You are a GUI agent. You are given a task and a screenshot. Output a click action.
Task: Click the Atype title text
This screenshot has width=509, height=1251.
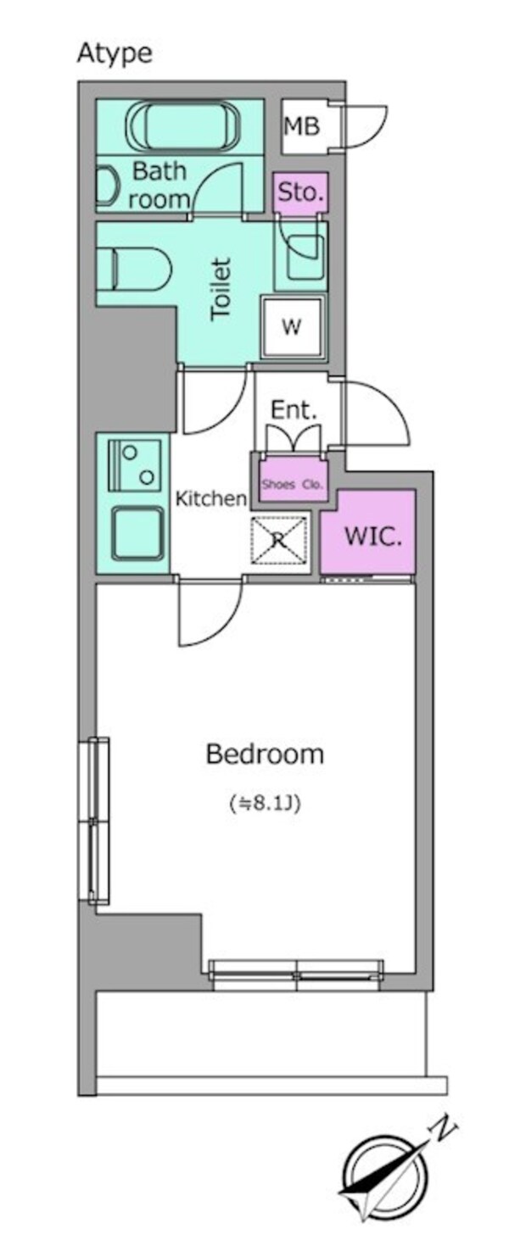[115, 53]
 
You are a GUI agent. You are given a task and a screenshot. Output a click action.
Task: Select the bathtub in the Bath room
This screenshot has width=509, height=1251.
[180, 127]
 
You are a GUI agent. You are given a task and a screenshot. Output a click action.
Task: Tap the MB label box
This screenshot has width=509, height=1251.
[302, 127]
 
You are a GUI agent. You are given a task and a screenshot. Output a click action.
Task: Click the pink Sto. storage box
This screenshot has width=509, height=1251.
[300, 193]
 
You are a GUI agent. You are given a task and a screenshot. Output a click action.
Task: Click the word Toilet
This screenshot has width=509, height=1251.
[221, 289]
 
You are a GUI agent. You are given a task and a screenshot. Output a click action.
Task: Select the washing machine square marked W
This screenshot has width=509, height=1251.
[292, 328]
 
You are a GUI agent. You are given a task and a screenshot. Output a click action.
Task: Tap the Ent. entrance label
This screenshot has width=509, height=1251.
[294, 411]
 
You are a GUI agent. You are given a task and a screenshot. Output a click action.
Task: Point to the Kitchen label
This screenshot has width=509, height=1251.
[210, 499]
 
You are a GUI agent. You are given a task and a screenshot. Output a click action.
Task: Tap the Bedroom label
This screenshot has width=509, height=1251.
[265, 753]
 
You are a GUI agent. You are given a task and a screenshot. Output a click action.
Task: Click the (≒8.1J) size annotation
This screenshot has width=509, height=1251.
[265, 802]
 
